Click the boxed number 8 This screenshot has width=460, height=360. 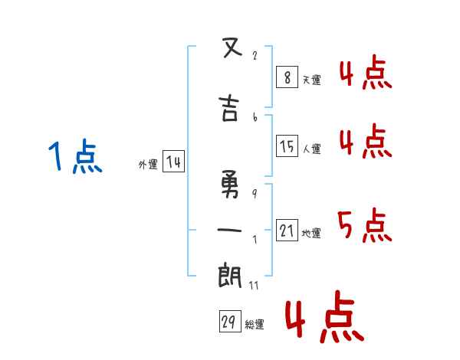click(x=286, y=77)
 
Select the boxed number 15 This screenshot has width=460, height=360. click(x=287, y=146)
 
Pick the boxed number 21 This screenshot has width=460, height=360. click(x=287, y=230)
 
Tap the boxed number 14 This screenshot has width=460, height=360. click(x=173, y=162)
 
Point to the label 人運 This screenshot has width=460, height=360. click(x=312, y=149)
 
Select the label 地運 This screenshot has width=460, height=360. click(x=311, y=233)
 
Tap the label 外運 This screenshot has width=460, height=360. click(x=148, y=165)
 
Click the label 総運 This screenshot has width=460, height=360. click(x=255, y=325)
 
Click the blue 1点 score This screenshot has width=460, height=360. click(x=74, y=158)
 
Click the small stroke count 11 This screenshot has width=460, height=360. click(x=254, y=286)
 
